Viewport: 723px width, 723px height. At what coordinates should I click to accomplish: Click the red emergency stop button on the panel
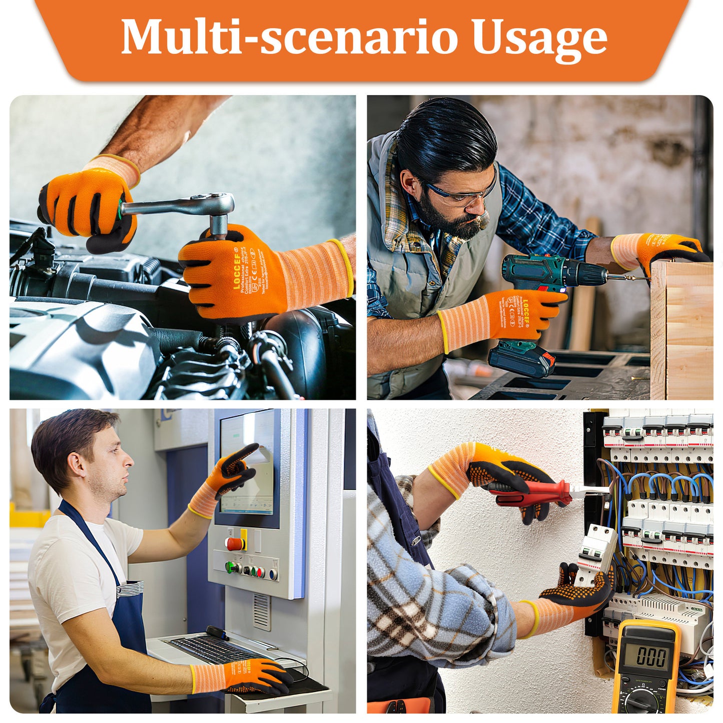point(235,543)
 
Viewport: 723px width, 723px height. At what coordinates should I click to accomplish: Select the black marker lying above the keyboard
point(217,632)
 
